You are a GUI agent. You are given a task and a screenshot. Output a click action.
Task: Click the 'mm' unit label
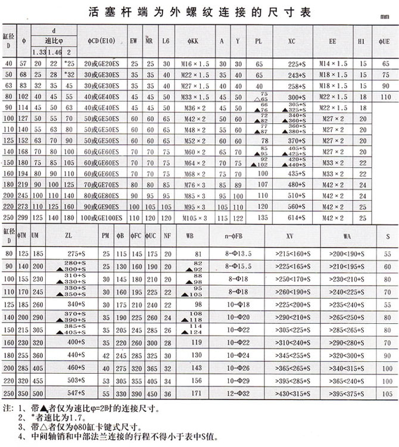385,18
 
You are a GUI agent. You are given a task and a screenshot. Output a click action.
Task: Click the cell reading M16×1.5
196,63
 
